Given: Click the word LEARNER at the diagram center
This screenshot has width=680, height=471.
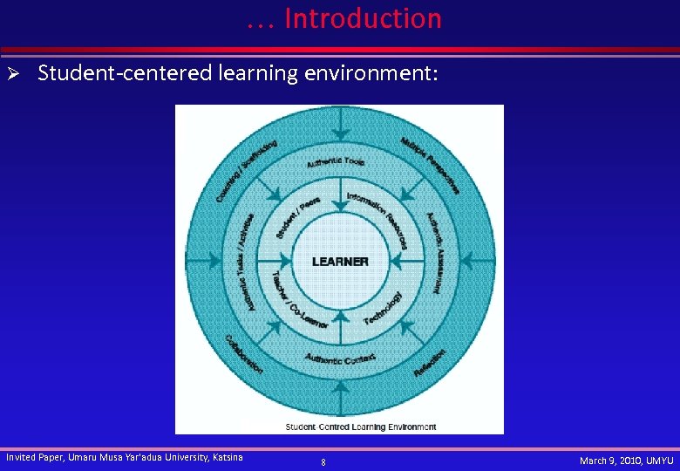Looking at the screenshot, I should coord(340,262).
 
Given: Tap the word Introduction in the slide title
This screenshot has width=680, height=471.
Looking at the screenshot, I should coord(363,18).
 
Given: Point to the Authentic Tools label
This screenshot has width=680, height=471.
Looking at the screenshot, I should coord(336,161).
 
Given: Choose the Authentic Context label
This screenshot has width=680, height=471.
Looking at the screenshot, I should coord(340,358).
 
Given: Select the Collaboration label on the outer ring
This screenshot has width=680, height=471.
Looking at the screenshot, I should coord(243,354).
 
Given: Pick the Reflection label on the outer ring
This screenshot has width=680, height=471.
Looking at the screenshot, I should coord(430,362).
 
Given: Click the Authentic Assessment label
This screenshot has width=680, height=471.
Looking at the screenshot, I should coord(435,252).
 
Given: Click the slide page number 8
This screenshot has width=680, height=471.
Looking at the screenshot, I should coord(323,462).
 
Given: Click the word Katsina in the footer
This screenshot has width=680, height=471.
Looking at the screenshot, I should coord(228,457).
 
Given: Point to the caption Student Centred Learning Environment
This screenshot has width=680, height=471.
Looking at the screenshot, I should coord(361,427).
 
